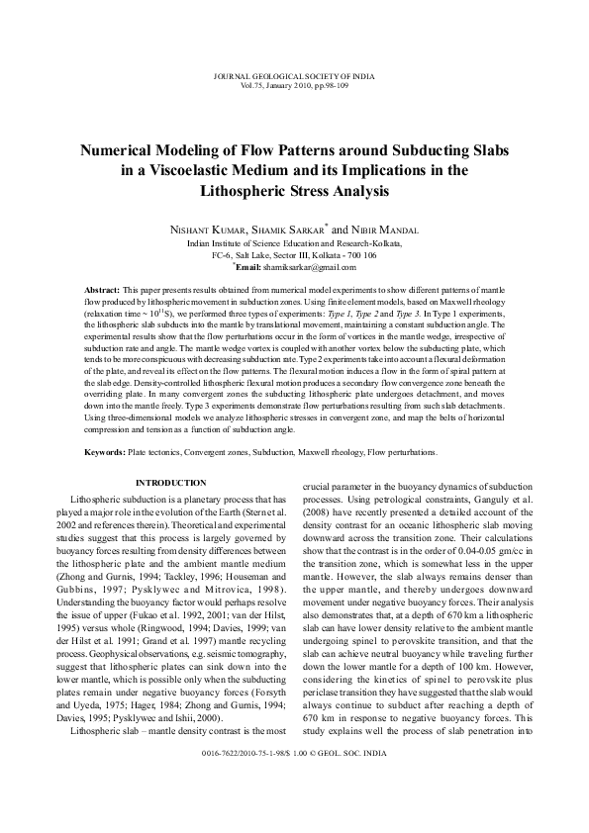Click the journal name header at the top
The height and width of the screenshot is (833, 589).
click(294, 75)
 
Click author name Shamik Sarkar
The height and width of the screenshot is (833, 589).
click(294, 228)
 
